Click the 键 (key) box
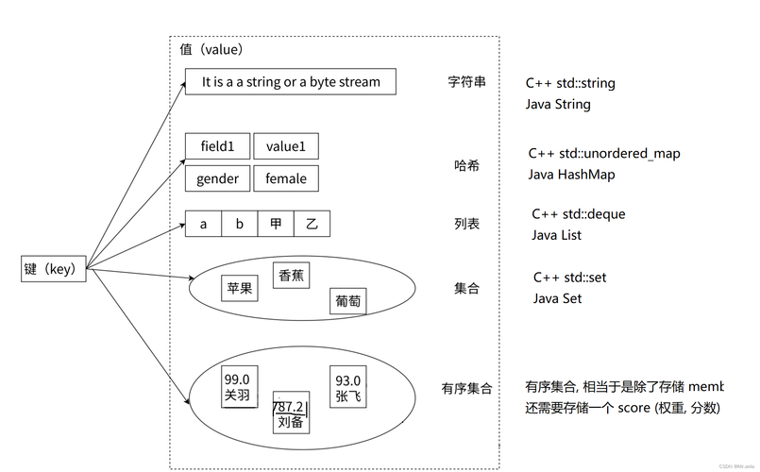54,269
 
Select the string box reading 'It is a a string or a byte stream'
291,82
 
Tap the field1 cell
217,146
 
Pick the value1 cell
286,146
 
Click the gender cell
217,178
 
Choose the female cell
286,178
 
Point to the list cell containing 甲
275,224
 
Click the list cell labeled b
239,224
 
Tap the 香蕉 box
291,275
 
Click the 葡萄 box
348,302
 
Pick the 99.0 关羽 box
238,386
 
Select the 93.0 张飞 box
348,387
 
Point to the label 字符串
466,82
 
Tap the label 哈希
466,165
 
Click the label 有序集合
466,388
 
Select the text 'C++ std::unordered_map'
604,153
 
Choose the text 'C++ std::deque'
579,214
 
